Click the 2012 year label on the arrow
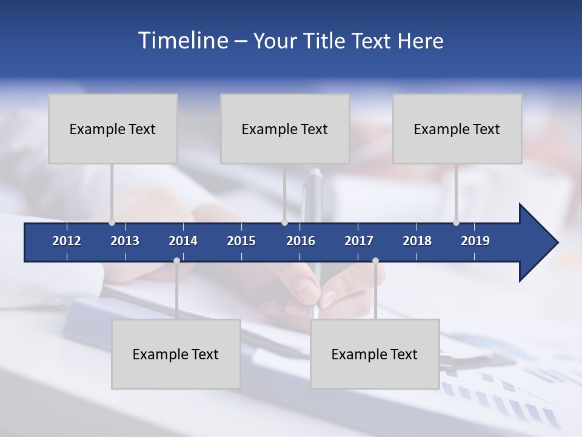click(x=67, y=241)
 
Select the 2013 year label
click(x=125, y=241)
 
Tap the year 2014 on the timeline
click(x=183, y=241)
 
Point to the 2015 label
click(x=241, y=241)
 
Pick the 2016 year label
click(x=301, y=241)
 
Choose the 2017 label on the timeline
click(x=359, y=241)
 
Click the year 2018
click(x=417, y=241)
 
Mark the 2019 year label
click(x=475, y=241)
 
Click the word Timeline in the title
click(x=182, y=41)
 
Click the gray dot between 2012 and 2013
click(x=112, y=223)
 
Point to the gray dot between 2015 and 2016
click(x=284, y=223)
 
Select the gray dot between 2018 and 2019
click(x=456, y=223)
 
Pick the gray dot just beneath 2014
click(x=176, y=261)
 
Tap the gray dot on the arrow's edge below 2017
click(x=375, y=261)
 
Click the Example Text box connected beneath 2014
click(x=176, y=354)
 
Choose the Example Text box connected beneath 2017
click(x=375, y=354)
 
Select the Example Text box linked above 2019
click(x=457, y=129)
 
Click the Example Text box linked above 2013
click(x=113, y=129)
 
